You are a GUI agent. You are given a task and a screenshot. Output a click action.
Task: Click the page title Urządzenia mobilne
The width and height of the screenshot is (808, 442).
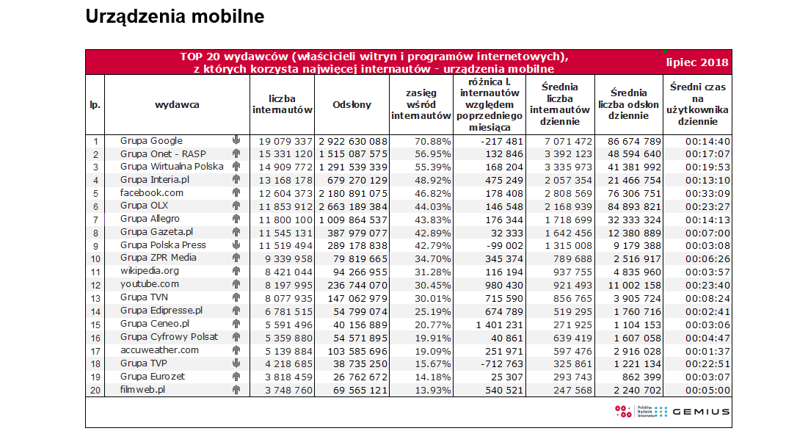tap(175, 17)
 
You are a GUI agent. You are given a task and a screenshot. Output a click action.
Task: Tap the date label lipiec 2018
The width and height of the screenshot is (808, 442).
tap(696, 62)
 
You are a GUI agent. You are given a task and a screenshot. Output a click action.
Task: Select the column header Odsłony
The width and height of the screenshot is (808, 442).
tap(352, 105)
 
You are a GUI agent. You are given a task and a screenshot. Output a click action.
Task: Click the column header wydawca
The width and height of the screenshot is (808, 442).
tap(177, 105)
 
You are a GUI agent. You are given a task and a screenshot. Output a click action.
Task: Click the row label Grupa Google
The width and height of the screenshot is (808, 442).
tap(151, 141)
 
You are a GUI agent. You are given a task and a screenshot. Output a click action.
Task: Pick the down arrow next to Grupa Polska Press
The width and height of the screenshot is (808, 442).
tap(236, 245)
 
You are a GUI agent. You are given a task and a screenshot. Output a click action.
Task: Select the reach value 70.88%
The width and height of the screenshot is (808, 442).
tap(433, 141)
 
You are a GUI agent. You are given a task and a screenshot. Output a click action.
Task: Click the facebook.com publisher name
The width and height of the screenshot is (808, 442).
tap(151, 193)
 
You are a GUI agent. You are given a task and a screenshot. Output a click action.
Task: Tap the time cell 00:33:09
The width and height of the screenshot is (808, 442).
tap(707, 193)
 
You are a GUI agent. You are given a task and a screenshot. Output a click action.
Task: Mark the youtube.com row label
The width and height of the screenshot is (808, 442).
tap(150, 284)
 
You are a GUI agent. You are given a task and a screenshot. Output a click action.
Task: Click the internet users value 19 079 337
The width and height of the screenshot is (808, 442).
tap(285, 141)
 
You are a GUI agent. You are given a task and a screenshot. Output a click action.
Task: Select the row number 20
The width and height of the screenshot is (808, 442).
tap(95, 391)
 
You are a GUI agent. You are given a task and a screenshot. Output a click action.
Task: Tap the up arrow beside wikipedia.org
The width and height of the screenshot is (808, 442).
tap(236, 271)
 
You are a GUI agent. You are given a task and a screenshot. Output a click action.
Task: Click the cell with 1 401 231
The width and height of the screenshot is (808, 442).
tap(499, 325)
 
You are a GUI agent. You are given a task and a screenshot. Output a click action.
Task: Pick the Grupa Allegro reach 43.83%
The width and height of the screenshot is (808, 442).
tap(433, 220)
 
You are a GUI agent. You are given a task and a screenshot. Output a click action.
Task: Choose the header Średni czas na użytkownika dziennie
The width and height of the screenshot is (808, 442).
tap(697, 104)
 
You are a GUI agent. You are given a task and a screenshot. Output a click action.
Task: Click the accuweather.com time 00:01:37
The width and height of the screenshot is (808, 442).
tap(707, 351)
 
